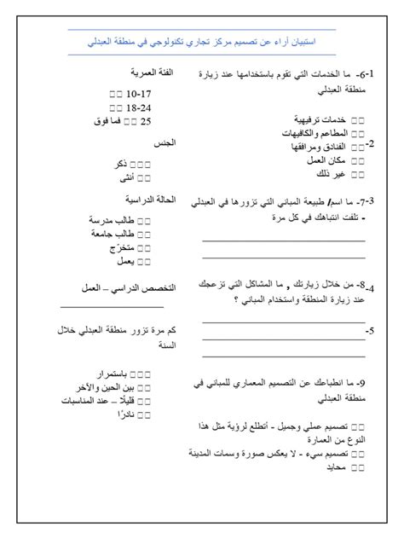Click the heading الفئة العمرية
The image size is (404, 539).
(153, 74)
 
